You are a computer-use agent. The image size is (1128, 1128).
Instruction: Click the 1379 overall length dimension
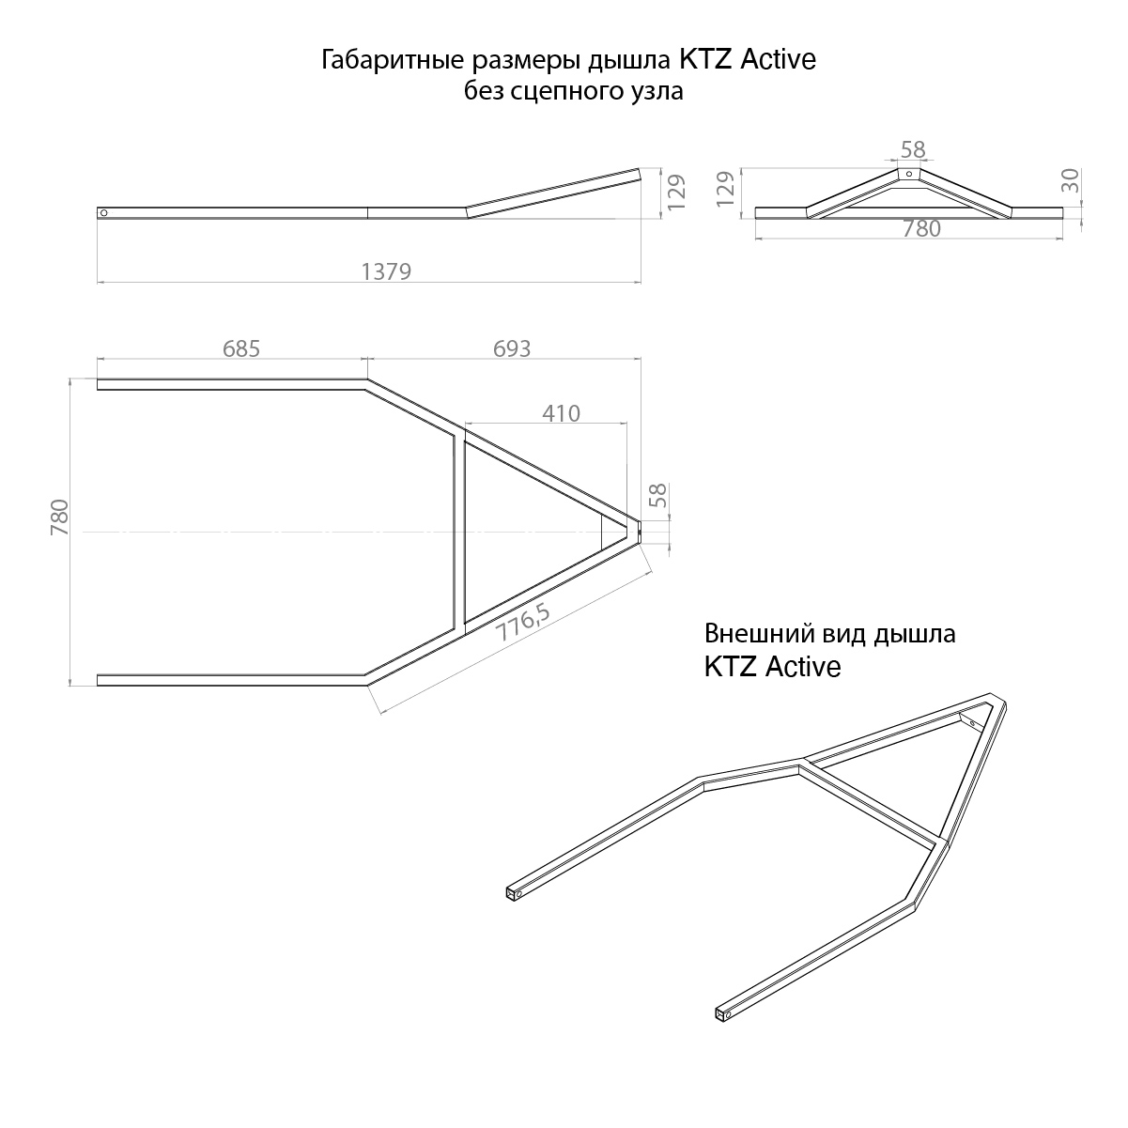pos(386,271)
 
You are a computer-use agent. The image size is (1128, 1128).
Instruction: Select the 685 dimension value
pos(241,348)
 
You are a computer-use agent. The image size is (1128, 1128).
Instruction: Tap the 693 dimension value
pos(512,348)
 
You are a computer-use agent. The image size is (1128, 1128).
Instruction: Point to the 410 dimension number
pos(561,414)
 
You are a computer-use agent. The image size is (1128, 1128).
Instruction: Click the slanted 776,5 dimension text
pos(523,623)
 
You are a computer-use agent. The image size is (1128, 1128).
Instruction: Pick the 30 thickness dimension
pos(1070,180)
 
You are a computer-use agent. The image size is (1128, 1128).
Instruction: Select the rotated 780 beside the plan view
pos(60,518)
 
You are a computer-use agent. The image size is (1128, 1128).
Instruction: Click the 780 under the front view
pos(921,229)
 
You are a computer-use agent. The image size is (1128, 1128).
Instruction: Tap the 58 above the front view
pos(913,150)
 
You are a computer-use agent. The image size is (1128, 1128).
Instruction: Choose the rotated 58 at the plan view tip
pos(658,496)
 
